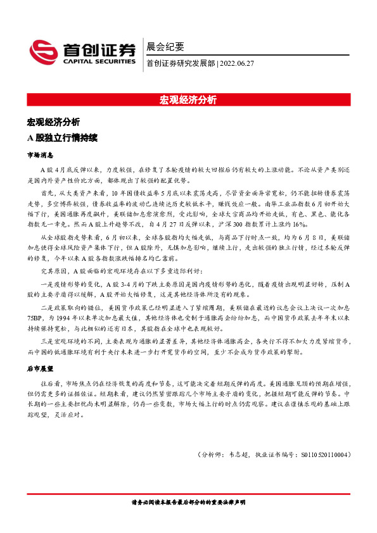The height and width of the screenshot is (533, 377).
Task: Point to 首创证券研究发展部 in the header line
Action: [x=180, y=63]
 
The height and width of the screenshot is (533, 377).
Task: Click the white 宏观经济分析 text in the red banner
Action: [x=188, y=100]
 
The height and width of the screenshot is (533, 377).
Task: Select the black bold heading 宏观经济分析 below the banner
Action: [x=53, y=122]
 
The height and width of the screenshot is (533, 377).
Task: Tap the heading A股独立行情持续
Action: [x=62, y=137]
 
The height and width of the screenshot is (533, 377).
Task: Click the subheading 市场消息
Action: [x=39, y=154]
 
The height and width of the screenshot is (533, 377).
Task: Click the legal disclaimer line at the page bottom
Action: [x=188, y=502]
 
